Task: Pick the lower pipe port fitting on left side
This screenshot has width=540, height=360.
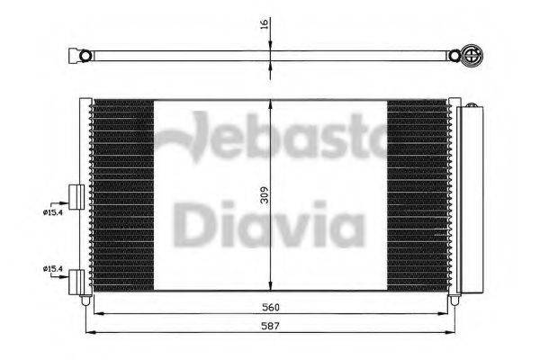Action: (x=76, y=279)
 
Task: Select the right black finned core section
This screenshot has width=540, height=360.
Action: (x=418, y=193)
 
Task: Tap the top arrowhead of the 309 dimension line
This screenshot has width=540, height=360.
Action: (x=271, y=103)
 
